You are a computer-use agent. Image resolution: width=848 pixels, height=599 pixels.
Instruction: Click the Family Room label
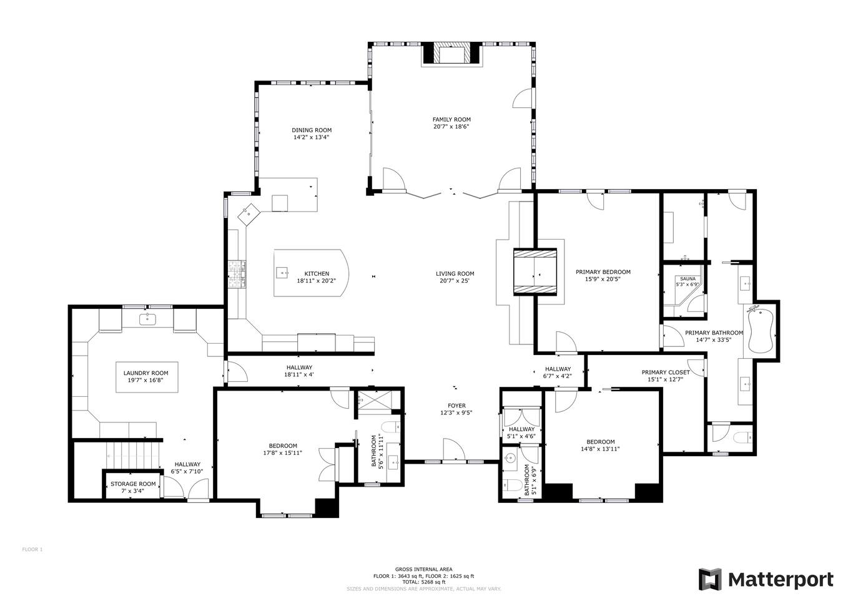click(451, 120)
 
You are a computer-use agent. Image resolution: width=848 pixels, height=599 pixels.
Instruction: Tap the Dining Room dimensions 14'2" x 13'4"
click(311, 137)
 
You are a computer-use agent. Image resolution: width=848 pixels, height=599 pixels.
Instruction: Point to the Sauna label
click(688, 279)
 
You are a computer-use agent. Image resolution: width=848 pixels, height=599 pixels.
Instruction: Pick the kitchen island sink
click(282, 272)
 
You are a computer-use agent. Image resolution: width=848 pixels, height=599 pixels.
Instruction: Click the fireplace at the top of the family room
click(452, 54)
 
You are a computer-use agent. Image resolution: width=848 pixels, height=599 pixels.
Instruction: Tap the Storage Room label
click(133, 484)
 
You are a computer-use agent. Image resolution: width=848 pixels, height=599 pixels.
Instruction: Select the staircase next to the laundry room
click(132, 455)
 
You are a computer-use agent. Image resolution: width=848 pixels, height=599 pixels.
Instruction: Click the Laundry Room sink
click(147, 319)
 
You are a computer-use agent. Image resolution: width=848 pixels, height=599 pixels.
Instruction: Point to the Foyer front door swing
click(453, 450)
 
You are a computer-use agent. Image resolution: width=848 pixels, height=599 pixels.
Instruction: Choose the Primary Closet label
click(666, 373)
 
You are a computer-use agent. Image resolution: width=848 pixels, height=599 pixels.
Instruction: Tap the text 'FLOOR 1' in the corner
click(32, 550)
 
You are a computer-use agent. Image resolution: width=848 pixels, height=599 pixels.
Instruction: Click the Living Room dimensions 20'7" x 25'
click(455, 281)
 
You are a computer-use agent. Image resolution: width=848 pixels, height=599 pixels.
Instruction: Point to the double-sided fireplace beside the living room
click(535, 271)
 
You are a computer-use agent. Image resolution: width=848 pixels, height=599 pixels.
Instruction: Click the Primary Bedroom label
click(603, 272)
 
